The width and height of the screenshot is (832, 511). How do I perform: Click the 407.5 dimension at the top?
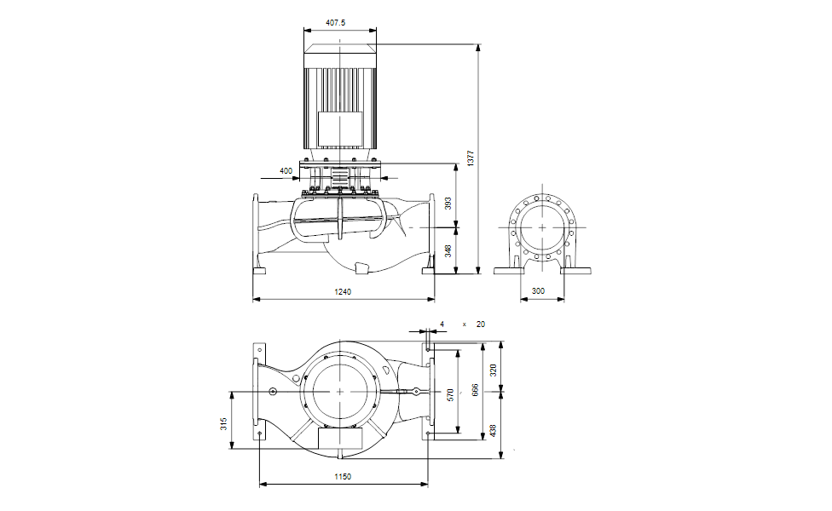click(x=337, y=23)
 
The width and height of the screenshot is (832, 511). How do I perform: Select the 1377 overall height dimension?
click(x=470, y=158)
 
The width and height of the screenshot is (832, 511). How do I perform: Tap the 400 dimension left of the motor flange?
click(x=286, y=171)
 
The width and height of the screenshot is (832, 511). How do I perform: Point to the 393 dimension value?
click(x=448, y=204)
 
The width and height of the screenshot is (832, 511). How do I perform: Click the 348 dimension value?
click(x=448, y=250)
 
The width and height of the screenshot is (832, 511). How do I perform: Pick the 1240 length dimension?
click(x=343, y=291)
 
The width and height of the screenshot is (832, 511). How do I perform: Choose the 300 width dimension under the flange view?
click(x=538, y=291)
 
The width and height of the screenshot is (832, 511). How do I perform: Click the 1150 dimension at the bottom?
click(x=343, y=477)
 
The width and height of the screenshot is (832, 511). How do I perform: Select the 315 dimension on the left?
click(x=223, y=423)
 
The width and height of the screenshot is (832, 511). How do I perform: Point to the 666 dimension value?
click(x=476, y=390)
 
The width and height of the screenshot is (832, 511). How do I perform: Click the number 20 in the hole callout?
click(x=480, y=324)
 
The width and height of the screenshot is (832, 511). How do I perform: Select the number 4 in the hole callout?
click(x=442, y=324)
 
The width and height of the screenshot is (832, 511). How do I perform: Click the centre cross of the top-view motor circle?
click(x=340, y=390)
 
